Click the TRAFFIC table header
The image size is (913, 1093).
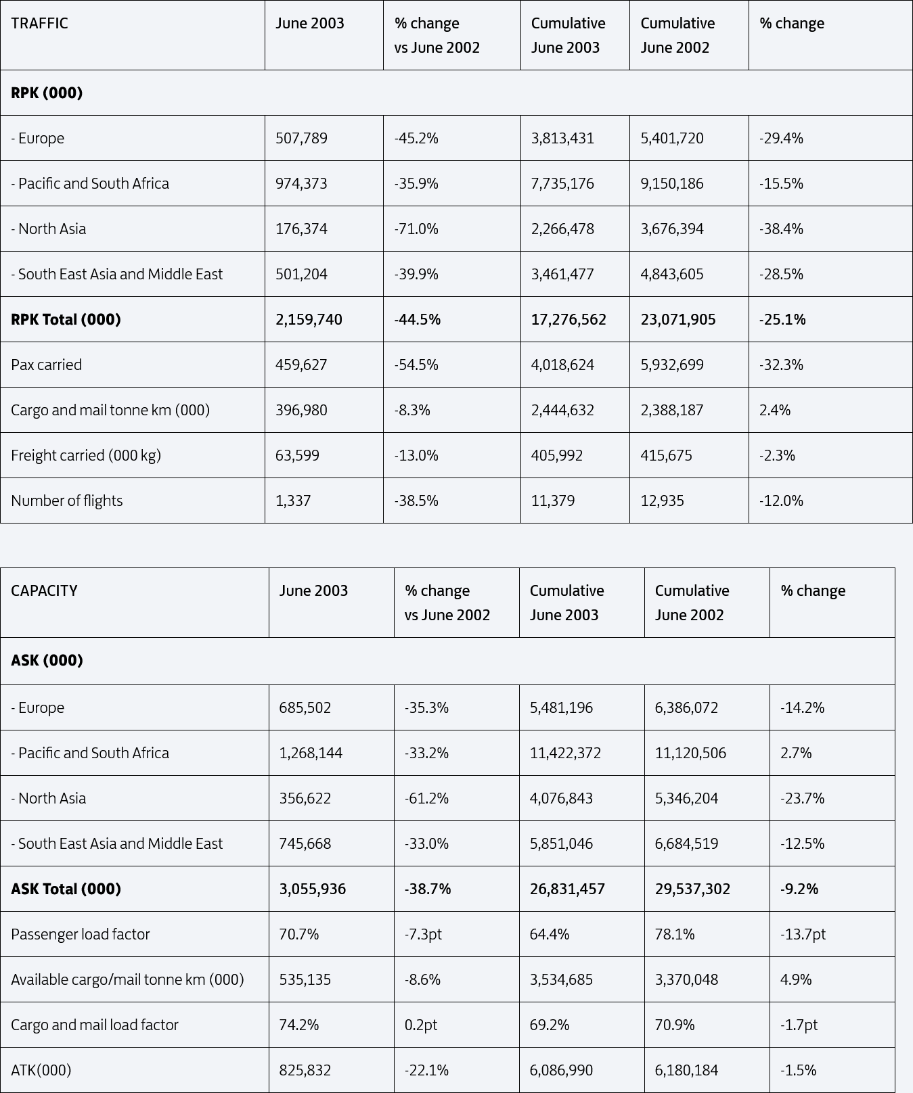(x=39, y=23)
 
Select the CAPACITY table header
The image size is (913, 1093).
(x=44, y=590)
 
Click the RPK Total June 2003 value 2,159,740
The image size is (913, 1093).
(x=309, y=319)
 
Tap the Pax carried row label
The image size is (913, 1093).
(x=46, y=365)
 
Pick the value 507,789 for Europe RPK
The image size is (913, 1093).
(x=301, y=138)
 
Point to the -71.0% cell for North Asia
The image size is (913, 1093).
(x=416, y=229)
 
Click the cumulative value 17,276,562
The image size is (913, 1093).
(x=569, y=319)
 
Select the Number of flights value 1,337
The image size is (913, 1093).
(x=293, y=501)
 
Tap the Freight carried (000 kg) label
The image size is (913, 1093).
(x=86, y=455)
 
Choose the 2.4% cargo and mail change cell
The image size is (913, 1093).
(x=775, y=410)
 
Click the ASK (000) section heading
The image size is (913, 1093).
(x=47, y=660)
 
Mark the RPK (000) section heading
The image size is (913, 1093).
(x=47, y=93)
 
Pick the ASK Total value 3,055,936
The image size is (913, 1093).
(x=312, y=889)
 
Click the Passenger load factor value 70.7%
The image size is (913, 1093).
(x=298, y=934)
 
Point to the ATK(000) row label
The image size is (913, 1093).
(x=41, y=1070)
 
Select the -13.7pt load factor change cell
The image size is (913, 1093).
(x=803, y=934)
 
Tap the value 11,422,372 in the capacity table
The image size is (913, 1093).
(x=565, y=753)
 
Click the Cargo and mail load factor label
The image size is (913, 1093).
(x=95, y=1025)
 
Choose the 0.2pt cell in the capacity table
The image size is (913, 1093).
(x=421, y=1025)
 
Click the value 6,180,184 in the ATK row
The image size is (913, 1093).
(x=686, y=1070)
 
